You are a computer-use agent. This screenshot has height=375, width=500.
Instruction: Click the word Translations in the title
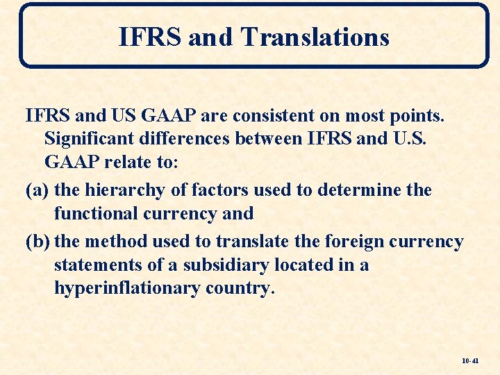coord(315,37)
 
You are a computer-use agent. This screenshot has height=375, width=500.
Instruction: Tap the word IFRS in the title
coord(150,37)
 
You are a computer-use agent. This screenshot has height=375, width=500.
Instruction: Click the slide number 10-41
coord(470,361)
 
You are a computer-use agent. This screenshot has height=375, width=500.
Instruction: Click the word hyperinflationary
coord(126,289)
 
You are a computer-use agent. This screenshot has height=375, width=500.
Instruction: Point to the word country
coord(240,289)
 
